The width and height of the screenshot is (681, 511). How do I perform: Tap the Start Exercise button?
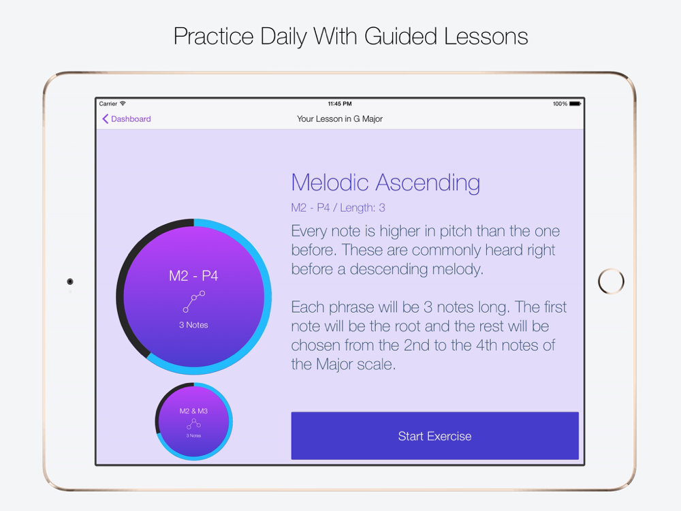point(434,436)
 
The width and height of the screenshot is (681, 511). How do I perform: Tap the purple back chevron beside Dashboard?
point(105,119)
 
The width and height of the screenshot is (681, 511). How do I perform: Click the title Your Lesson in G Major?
point(340,119)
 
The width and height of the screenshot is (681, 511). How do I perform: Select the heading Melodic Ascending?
point(385,183)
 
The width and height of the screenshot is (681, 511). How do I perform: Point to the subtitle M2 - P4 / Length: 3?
point(338,208)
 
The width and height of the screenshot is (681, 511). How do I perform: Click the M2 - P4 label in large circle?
point(193,275)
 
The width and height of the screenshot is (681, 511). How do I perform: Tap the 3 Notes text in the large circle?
point(193,325)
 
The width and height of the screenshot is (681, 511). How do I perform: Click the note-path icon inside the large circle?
point(193,302)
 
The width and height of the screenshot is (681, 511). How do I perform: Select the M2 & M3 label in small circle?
point(193,411)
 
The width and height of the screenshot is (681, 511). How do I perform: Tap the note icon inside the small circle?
point(193,424)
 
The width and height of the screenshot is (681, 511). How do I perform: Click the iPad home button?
point(611,281)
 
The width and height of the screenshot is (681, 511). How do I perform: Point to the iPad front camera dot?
point(70,281)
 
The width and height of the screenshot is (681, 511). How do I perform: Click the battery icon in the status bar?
point(575,104)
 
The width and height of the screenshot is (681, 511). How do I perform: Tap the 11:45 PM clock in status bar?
point(340,104)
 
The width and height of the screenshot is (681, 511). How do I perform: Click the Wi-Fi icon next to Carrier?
point(123,104)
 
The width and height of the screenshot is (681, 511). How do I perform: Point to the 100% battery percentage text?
point(560,104)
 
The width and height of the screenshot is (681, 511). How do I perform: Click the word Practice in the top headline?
point(214,36)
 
